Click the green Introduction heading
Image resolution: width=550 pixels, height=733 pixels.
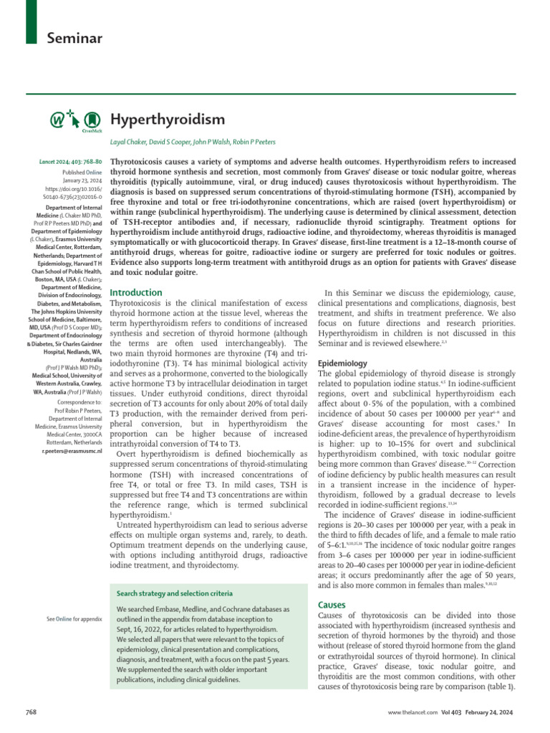click(x=136, y=293)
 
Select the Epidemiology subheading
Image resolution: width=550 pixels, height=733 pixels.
click(x=342, y=364)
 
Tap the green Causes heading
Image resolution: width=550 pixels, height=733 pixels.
click(x=332, y=605)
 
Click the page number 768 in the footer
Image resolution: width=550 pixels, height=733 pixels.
click(x=32, y=714)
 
